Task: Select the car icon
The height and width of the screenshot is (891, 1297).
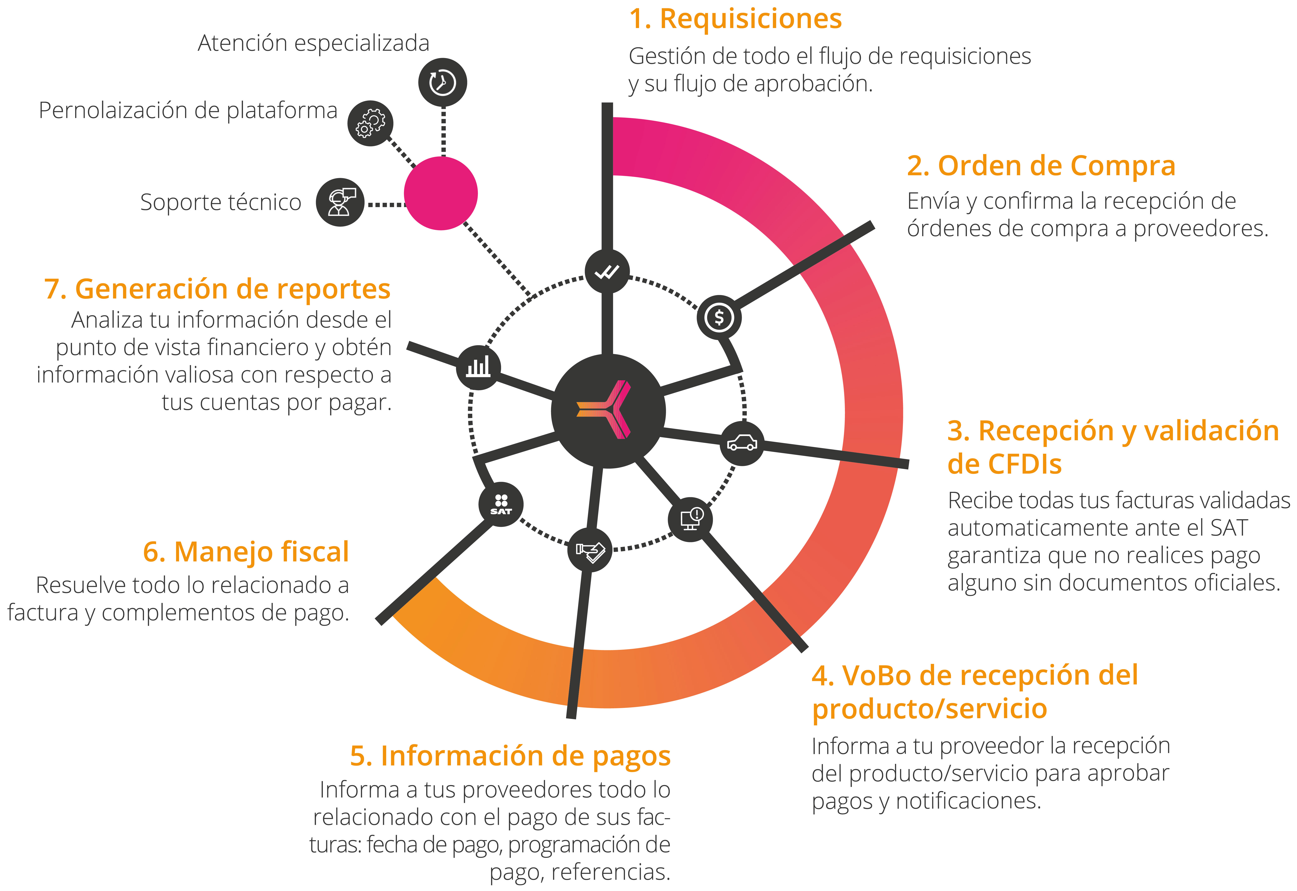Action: coord(742,443)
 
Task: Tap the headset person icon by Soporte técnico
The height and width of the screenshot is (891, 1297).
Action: coord(340,202)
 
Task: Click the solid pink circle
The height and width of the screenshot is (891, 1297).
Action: coord(441,193)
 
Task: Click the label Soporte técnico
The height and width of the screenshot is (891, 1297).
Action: coord(221,202)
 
